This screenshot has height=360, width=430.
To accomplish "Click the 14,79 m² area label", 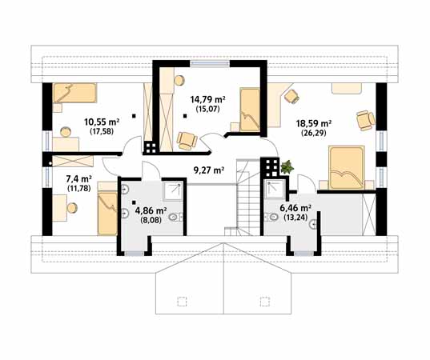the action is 207,99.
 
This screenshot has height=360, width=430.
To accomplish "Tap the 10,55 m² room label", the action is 102,122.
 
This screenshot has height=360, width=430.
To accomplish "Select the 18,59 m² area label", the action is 314,123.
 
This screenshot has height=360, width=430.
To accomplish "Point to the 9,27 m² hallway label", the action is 209,170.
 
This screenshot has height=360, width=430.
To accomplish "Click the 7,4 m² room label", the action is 79,179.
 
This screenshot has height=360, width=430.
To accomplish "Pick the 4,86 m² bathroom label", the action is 151,210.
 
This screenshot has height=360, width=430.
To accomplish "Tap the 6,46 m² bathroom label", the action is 295,208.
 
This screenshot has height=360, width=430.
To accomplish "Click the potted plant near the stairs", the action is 287,167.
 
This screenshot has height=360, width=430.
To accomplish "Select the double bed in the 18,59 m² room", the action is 347,168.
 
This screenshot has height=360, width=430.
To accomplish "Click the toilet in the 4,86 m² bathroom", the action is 175,218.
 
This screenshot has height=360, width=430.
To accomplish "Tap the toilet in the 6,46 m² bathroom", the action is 271,218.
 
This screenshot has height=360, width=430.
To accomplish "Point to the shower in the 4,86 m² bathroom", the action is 173,191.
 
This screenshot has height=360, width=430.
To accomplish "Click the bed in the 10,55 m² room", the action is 74,93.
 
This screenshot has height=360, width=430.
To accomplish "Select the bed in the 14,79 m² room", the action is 250,110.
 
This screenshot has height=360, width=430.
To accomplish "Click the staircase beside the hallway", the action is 247,198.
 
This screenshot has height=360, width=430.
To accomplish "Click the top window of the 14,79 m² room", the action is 210,63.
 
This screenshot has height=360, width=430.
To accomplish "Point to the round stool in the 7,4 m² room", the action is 73,208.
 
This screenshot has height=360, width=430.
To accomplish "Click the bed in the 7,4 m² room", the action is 108,210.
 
